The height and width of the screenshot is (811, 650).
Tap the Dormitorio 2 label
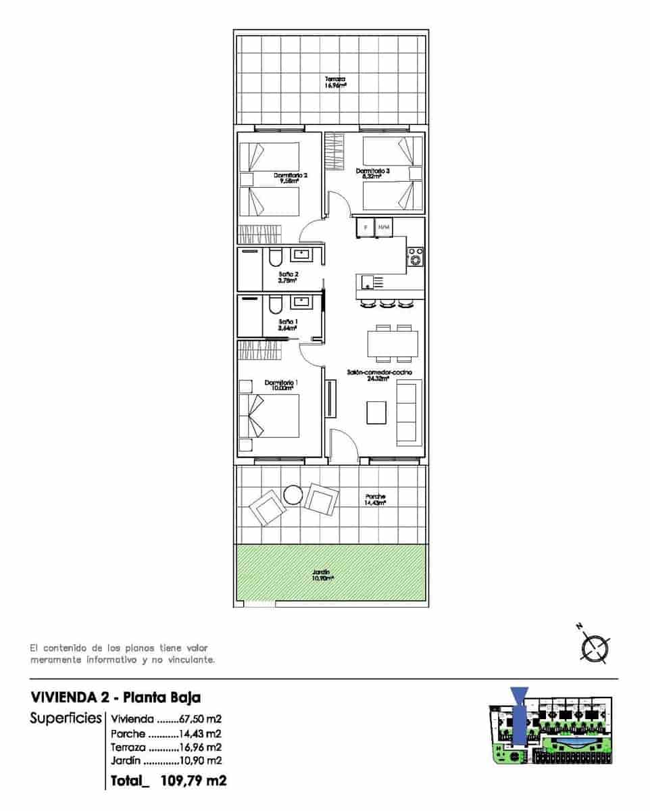[291, 178]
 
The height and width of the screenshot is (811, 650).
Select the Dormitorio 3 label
[373, 174]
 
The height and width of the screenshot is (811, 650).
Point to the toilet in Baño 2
[274, 260]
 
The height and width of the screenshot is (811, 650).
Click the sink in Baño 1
[301, 303]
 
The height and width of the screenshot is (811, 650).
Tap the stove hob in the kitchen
[415, 257]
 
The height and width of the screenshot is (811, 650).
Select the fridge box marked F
[366, 227]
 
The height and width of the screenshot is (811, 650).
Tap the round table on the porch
[294, 495]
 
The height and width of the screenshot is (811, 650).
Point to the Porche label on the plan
[375, 499]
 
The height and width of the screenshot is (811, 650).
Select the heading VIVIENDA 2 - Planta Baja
[116, 697]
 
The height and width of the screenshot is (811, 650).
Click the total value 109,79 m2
[193, 781]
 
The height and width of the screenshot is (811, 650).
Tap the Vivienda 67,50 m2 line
[166, 719]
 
